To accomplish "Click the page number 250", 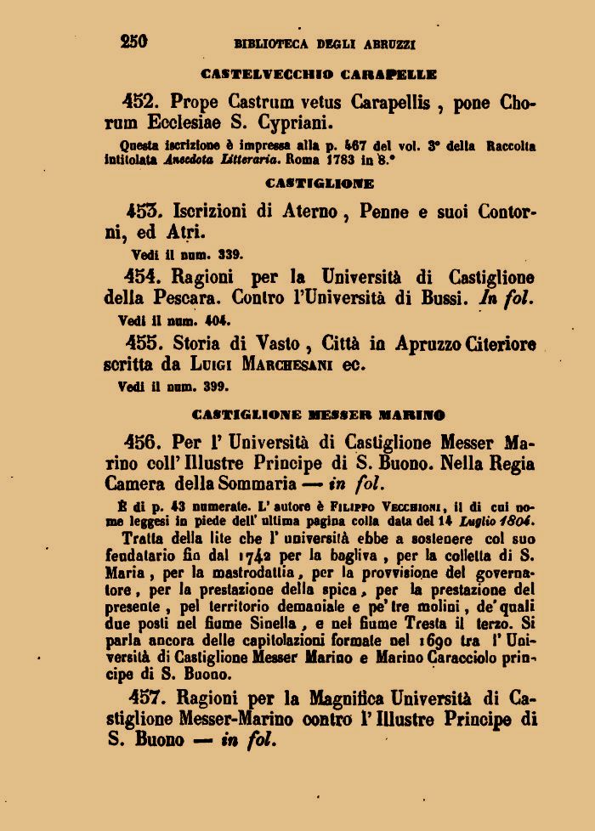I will click(134, 40).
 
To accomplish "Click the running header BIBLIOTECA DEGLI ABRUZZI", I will click(325, 42).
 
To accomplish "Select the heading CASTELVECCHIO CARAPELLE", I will click(319, 74).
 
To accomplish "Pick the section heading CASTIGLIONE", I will click(320, 183).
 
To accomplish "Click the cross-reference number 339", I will click(229, 253).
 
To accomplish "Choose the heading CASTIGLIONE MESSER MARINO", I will click(320, 415).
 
